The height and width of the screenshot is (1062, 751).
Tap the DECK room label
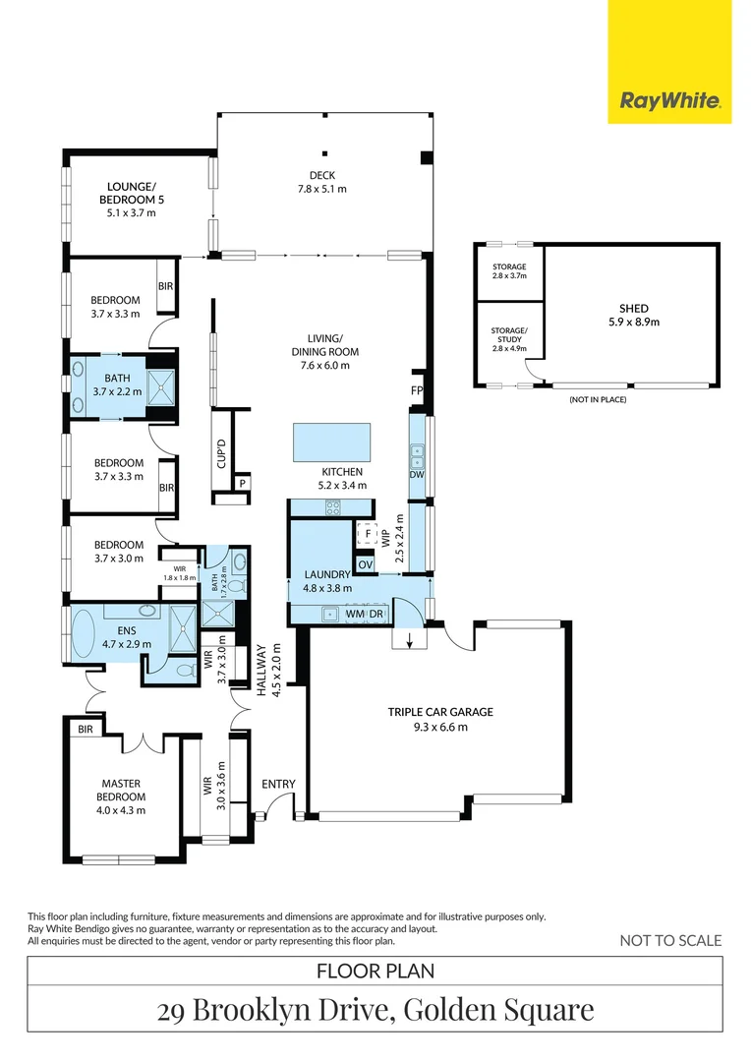click(322, 175)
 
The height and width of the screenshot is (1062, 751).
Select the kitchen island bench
click(332, 442)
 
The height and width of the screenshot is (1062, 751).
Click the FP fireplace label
click(417, 390)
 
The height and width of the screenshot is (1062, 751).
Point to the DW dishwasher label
click(417, 475)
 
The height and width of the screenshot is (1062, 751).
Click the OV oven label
click(365, 564)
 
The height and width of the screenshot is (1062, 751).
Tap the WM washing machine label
click(355, 615)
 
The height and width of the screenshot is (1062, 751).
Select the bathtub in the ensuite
click(86, 635)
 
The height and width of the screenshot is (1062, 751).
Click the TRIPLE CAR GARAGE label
click(440, 712)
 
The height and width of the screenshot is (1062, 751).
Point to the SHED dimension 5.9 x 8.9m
click(634, 323)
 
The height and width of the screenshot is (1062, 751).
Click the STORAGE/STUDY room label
click(509, 335)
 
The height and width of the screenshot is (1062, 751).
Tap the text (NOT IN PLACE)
click(598, 399)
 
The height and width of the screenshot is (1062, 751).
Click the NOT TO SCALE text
click(671, 941)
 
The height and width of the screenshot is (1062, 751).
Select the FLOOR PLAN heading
click(375, 972)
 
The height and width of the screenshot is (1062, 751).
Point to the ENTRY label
click(278, 785)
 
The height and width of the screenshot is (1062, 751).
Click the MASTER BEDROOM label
click(121, 791)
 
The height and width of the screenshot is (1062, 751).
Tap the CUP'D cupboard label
click(221, 453)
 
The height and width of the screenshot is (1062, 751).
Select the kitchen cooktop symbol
click(332, 507)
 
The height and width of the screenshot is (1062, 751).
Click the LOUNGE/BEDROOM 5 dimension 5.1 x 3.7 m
click(132, 212)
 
